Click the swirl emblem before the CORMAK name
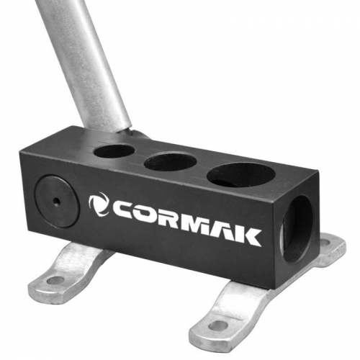tap(99, 204)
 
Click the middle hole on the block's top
tap(170, 161)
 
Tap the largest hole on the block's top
tap(240, 174)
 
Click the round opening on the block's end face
tap(297, 229)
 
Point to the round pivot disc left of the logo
tap(57, 201)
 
